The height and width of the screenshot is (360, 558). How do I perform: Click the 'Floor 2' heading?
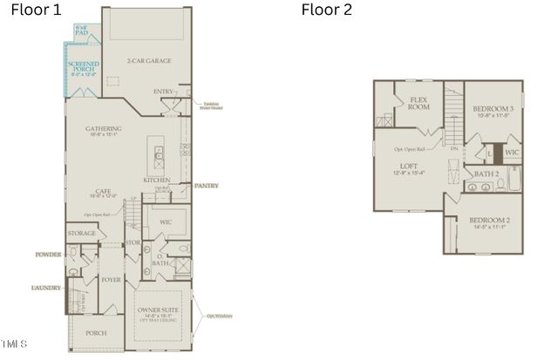[326, 10]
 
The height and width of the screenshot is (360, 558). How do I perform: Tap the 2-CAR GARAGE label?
[146, 61]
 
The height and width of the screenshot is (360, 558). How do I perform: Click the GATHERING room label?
[103, 130]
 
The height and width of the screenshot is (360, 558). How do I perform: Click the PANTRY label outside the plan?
[207, 186]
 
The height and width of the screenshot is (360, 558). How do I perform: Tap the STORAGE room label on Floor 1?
[81, 234]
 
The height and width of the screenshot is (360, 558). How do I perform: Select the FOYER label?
[111, 280]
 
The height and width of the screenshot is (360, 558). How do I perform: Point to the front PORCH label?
[95, 333]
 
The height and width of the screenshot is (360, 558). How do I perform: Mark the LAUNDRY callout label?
[46, 287]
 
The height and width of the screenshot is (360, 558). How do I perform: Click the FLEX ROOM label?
[419, 103]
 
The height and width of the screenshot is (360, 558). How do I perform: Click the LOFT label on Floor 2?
[409, 166]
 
